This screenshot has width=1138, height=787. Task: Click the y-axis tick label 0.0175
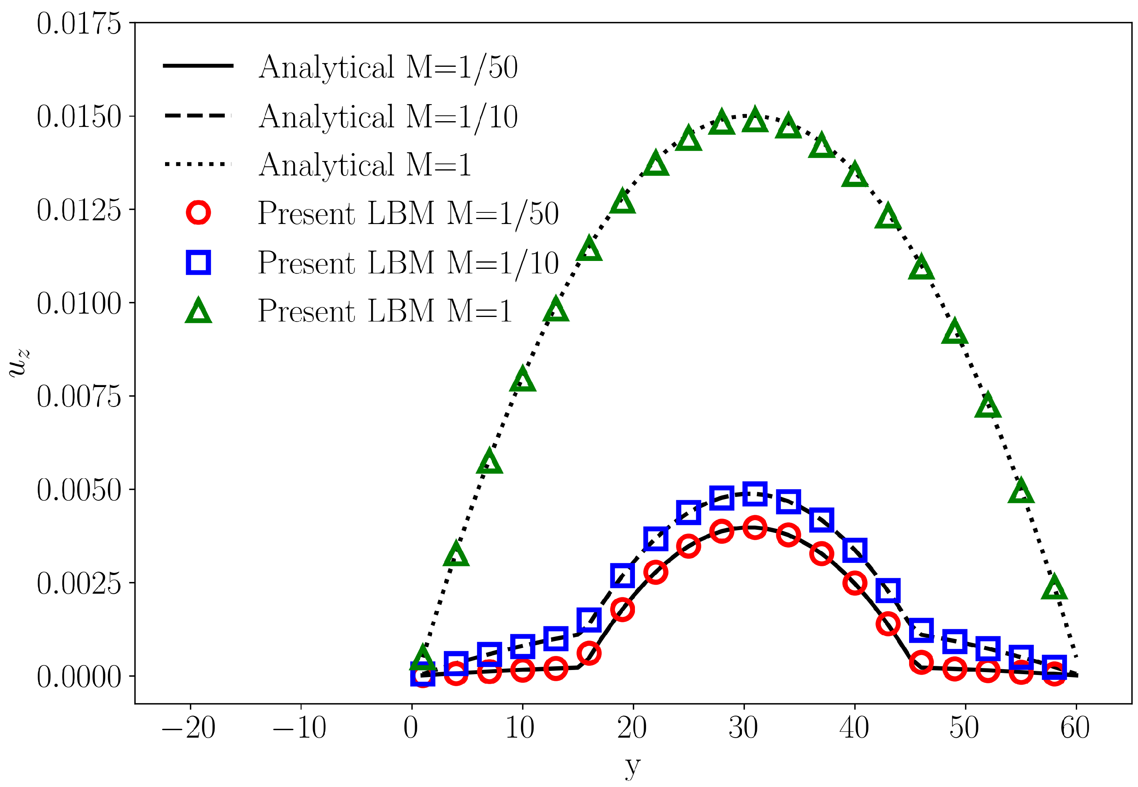point(79,23)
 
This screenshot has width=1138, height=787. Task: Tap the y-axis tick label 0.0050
point(79,490)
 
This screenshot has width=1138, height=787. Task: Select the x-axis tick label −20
point(189,727)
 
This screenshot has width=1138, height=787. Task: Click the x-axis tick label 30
point(743,727)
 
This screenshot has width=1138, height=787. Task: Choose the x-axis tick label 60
point(1075,727)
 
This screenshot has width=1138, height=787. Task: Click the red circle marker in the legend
point(198,212)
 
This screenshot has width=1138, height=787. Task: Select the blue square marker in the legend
point(198,262)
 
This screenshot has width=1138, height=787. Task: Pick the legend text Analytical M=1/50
point(388,67)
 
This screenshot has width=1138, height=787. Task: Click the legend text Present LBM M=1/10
point(408,263)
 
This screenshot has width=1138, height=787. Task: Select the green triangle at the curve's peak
point(754,120)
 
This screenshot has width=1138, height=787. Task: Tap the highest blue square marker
point(754,494)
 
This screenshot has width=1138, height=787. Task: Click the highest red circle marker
point(754,528)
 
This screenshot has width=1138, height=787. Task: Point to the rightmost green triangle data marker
point(1054,588)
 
